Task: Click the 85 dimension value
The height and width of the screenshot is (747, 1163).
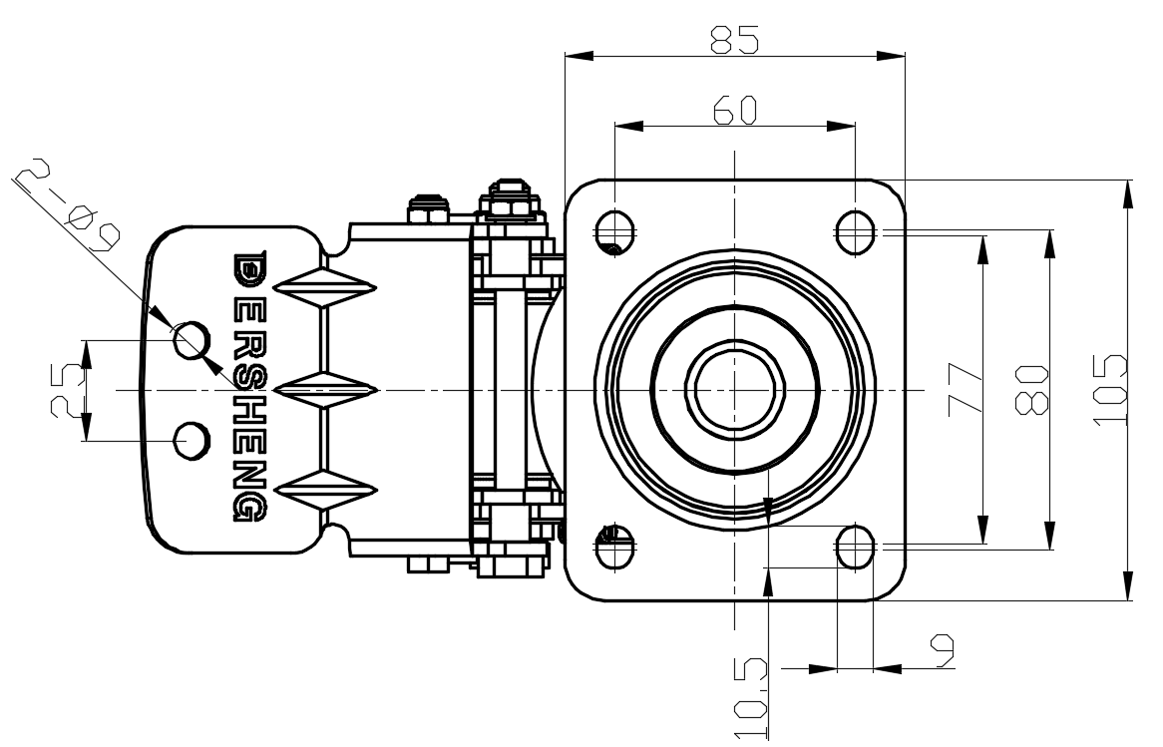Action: pyautogui.click(x=734, y=39)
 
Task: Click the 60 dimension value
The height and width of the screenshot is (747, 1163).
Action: pyautogui.click(x=735, y=110)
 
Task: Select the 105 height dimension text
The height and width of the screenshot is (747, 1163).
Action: pyautogui.click(x=1110, y=389)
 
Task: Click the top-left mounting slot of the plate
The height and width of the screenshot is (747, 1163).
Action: pyautogui.click(x=615, y=231)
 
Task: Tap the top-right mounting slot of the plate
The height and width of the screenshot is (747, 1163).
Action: pyautogui.click(x=854, y=231)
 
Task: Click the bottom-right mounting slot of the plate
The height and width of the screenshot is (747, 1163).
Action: pyautogui.click(x=854, y=546)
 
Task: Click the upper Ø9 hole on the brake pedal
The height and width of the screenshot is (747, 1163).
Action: pyautogui.click(x=192, y=340)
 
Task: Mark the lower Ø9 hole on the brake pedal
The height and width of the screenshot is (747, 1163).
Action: pyautogui.click(x=191, y=439)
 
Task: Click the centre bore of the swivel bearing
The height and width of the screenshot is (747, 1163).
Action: pyautogui.click(x=734, y=388)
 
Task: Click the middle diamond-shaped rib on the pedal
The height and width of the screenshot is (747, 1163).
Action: pyautogui.click(x=325, y=389)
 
